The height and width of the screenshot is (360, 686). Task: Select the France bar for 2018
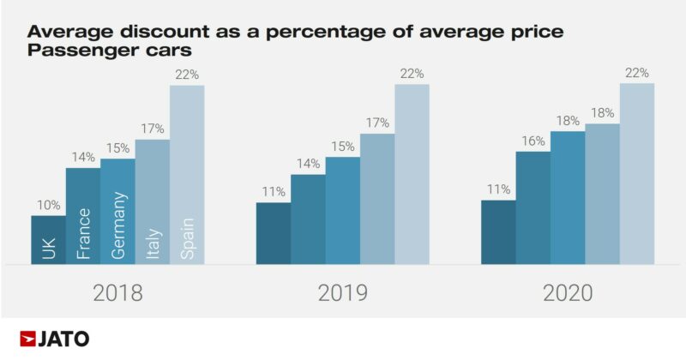[83, 216]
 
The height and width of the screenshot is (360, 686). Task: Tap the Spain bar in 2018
[187, 176]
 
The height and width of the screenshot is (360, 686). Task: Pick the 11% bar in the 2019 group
[274, 233]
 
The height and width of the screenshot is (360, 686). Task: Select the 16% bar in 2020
[533, 208]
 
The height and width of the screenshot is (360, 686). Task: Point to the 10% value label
[48, 205]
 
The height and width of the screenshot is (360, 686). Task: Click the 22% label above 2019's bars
[412, 74]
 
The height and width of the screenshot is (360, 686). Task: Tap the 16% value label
[533, 141]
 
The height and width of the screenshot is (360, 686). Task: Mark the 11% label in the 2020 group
[498, 189]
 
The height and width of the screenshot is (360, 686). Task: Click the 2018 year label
[117, 293]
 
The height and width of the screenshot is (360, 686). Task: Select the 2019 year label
[342, 293]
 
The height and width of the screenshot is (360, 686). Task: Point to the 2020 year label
[568, 293]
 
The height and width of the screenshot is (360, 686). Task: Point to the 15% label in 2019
[342, 147]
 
